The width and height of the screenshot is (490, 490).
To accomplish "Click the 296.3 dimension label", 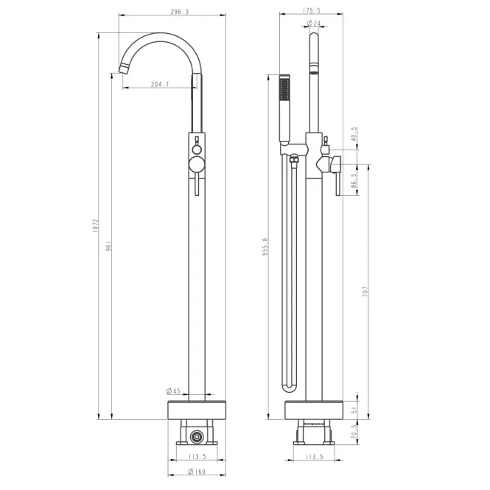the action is [x=180, y=12].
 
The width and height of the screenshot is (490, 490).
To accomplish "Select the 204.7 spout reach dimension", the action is [x=160, y=84].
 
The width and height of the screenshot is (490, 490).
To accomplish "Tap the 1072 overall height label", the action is [x=95, y=225].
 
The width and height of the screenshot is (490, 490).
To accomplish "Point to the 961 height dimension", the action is [x=108, y=247].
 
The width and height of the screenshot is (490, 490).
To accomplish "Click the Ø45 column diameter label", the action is [x=173, y=391].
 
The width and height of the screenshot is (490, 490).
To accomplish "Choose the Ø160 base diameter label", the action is [x=197, y=472].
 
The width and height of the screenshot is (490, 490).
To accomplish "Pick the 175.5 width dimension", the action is [x=312, y=10].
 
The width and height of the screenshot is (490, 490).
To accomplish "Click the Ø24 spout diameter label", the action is [x=314, y=23].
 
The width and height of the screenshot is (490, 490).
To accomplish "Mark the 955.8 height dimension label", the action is [x=265, y=247].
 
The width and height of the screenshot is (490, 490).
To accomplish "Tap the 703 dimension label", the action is [x=365, y=291].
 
